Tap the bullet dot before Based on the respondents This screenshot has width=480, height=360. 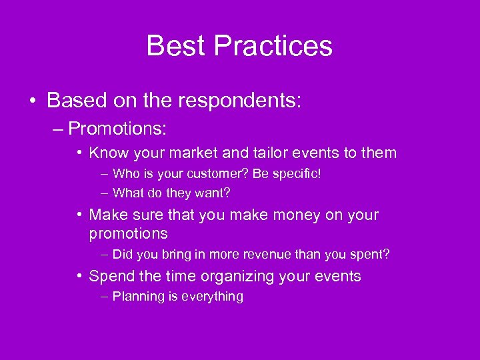[33, 101]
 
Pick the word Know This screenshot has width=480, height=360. [109, 153]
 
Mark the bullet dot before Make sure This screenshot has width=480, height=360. [80, 215]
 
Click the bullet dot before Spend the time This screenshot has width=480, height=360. [80, 276]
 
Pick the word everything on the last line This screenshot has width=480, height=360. [212, 297]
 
